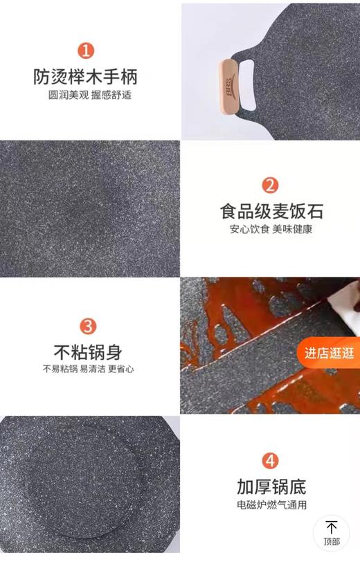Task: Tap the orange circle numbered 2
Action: point(271,185)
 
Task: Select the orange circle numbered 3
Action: point(88,326)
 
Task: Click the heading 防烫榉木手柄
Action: point(90,75)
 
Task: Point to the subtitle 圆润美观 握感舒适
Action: point(90,95)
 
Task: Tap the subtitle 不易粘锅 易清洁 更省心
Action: point(88,369)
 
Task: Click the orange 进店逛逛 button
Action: point(329,353)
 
